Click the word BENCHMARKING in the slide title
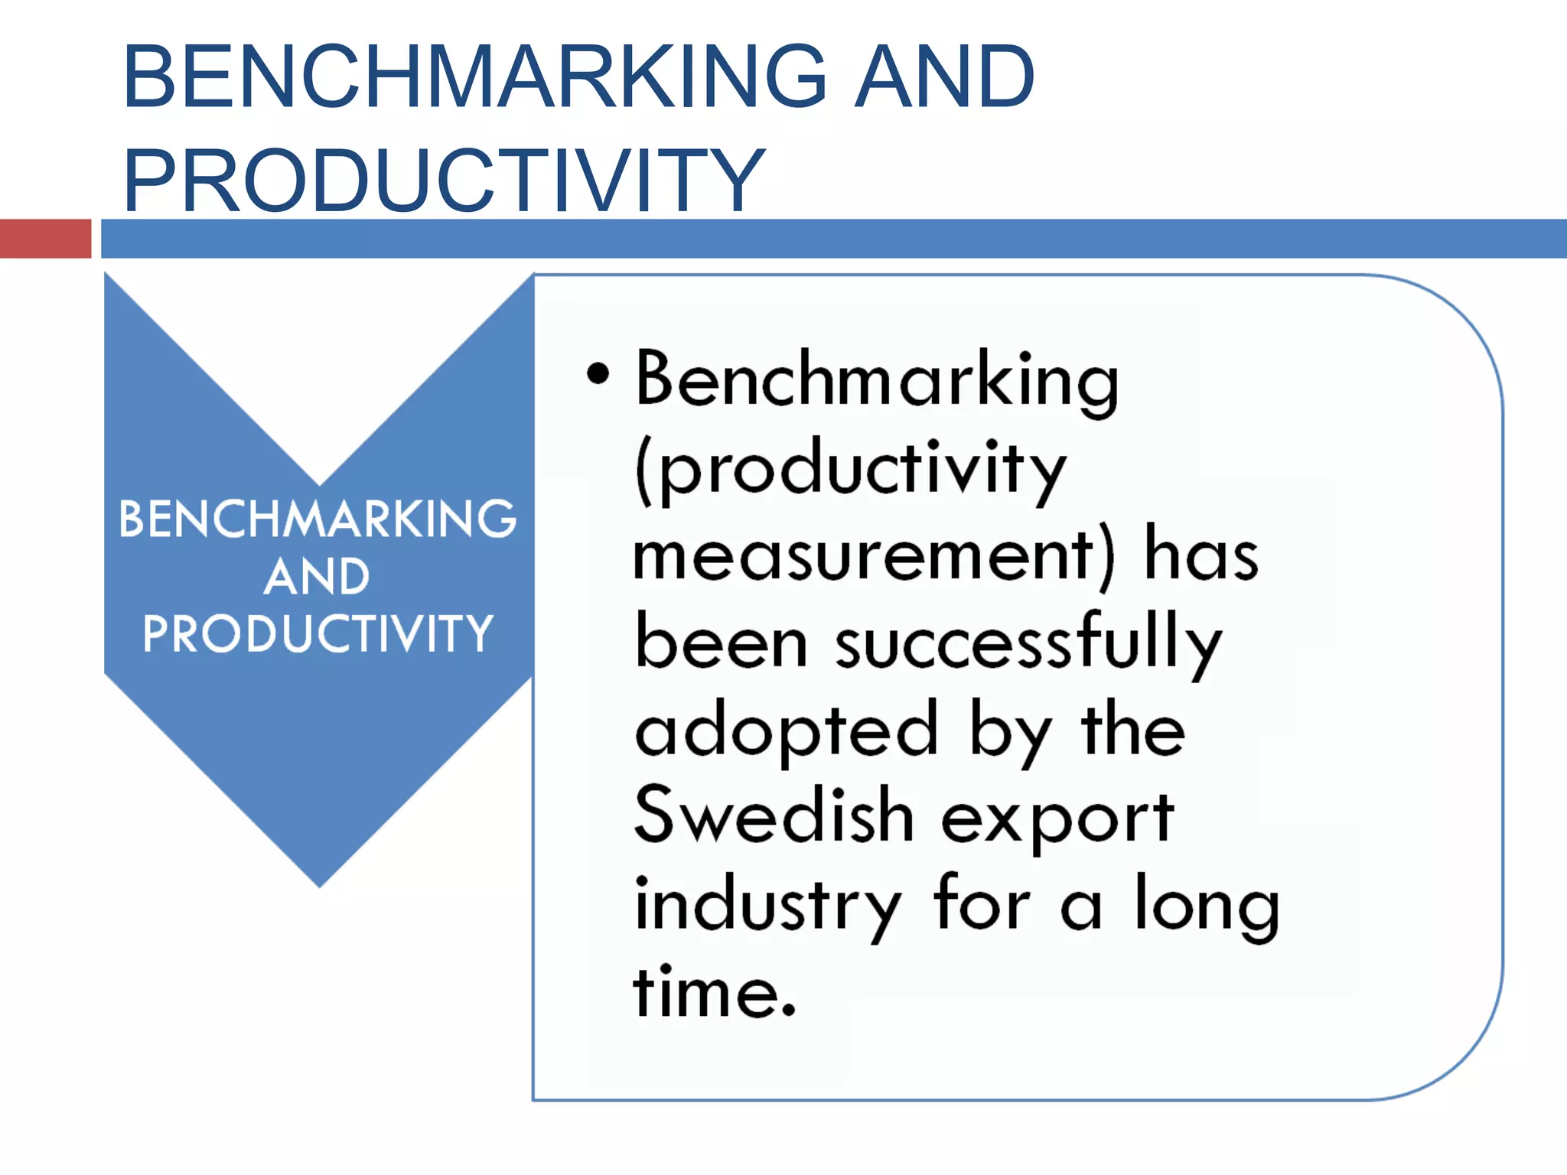pos(474,76)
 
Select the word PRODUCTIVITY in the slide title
pos(444,181)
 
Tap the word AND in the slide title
pos(944,76)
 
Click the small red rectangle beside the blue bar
pos(45,239)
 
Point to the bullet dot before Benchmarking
pos(598,374)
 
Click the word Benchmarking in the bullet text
pos(877,379)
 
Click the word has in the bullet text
pos(1200,555)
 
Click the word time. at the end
pos(715,993)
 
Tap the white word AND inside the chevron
pos(318,576)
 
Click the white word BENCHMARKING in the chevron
pos(318,519)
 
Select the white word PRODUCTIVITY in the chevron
pos(318,633)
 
